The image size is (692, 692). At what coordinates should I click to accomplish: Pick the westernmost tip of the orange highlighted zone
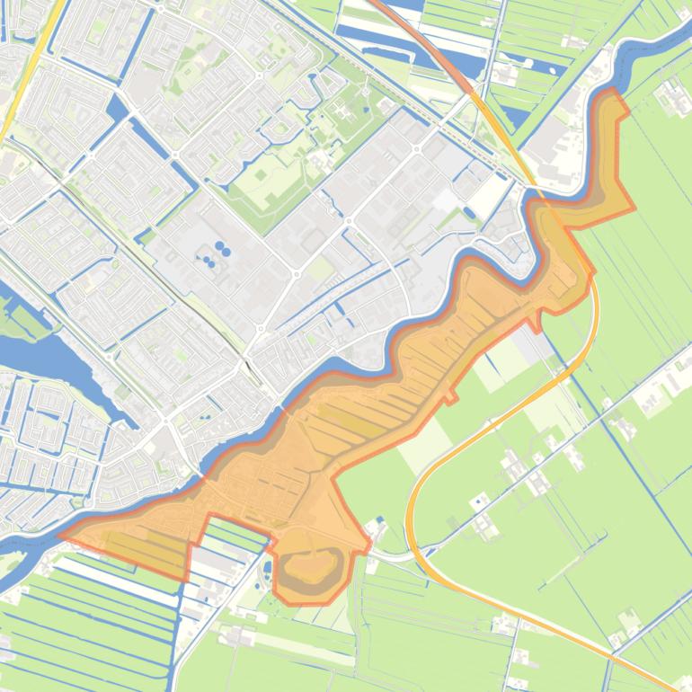click(60, 536)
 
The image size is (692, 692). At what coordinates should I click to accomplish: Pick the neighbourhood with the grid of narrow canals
click(54, 431)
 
